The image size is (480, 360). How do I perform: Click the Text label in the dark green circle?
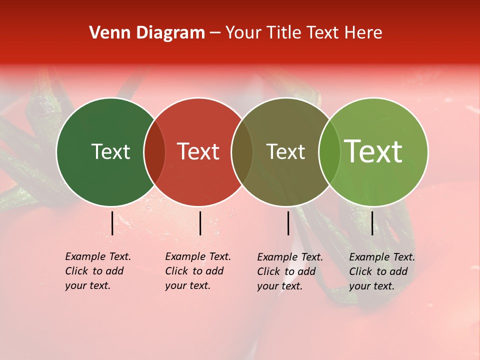click(110, 151)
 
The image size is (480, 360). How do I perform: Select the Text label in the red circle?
click(198, 151)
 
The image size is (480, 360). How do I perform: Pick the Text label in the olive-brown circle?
click(285, 151)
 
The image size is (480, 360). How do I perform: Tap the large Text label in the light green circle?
click(373, 151)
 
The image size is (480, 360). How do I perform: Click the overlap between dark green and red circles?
click(154, 152)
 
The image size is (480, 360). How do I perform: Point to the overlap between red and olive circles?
click(242, 152)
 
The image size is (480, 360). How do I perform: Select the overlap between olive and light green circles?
click(329, 152)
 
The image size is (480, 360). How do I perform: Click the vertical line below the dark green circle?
click(112, 223)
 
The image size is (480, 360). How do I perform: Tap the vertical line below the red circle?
click(200, 223)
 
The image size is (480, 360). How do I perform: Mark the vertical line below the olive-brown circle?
click(288, 223)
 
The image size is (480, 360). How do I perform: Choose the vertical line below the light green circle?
click(372, 223)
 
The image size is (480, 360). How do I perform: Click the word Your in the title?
click(244, 33)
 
